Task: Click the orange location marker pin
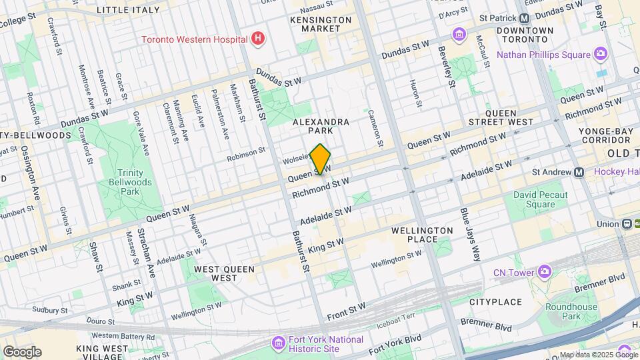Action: [x=321, y=159]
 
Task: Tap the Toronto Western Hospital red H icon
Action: [x=258, y=39]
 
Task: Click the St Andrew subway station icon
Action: [x=579, y=172]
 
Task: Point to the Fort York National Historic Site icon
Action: [x=278, y=343]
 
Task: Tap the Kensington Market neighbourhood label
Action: [x=321, y=24]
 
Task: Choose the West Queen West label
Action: [x=215, y=273]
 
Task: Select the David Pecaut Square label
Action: [x=541, y=200]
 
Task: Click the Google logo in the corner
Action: [x=22, y=351]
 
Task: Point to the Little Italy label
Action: [x=128, y=10]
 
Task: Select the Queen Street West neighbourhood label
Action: [x=510, y=117]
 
